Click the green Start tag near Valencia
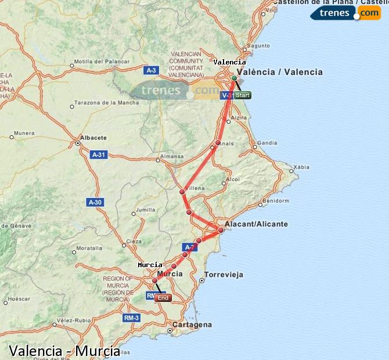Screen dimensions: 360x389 pos(243,95)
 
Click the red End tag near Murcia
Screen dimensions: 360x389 pos(163,298)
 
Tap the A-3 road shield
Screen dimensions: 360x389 pos(151,70)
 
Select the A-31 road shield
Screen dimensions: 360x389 pos(98,154)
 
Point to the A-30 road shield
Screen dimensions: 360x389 pos(95,202)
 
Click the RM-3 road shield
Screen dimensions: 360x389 pos(131,318)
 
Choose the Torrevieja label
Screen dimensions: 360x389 pos(224,275)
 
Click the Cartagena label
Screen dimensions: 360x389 pos(193,325)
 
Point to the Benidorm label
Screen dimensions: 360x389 pos(275,201)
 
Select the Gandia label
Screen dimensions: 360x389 pos(267,142)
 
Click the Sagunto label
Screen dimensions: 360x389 pos(258,45)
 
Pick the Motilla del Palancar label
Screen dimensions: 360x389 pos(96,61)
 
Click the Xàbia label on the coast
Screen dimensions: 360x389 pos(302,167)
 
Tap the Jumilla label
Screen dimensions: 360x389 pos(145,210)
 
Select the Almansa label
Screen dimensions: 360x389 pos(172,156)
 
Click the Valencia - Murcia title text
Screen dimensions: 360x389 pos(64,351)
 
